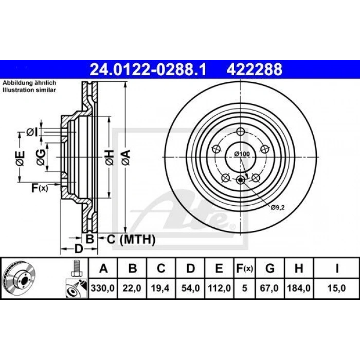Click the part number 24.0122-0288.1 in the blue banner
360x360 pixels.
click(x=148, y=69)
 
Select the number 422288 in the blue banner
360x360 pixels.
click(x=255, y=69)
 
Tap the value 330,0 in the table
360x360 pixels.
click(x=103, y=288)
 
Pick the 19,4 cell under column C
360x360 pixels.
click(x=160, y=288)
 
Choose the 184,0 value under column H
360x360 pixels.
click(x=299, y=288)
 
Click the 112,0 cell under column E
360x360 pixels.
click(x=219, y=288)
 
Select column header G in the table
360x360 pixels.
click(x=270, y=268)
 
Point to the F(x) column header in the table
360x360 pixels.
click(x=244, y=268)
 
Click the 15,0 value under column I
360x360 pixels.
click(x=336, y=288)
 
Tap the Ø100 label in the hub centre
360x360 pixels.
click(x=242, y=154)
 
